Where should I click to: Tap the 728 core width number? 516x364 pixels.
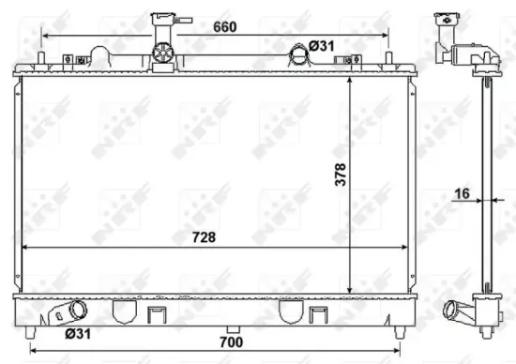pyautogui.click(x=204, y=236)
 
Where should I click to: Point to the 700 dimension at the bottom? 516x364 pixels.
pyautogui.click(x=232, y=342)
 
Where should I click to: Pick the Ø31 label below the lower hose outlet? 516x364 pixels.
pyautogui.click(x=77, y=332)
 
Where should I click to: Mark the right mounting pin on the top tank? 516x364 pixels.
pyautogui.click(x=387, y=59)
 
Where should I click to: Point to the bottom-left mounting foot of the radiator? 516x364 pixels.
pyautogui.click(x=32, y=331)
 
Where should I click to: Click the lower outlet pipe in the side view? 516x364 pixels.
pyautogui.click(x=457, y=307)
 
